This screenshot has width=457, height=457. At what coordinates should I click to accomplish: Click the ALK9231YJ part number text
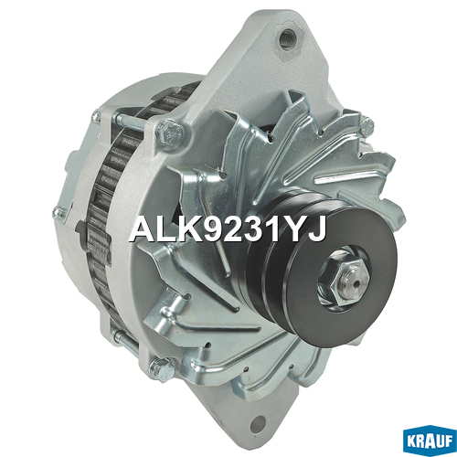tap(228, 229)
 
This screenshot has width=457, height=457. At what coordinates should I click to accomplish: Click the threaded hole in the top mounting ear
tap(286, 38)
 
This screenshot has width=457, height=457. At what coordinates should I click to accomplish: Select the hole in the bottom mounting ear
tap(259, 422)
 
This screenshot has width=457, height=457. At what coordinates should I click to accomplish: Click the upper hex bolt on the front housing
tap(169, 133)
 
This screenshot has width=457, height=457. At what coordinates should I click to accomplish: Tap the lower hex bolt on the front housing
tap(163, 369)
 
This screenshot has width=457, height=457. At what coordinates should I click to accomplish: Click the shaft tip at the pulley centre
tap(356, 281)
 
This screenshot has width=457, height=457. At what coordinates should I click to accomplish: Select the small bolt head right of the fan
tap(367, 124)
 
